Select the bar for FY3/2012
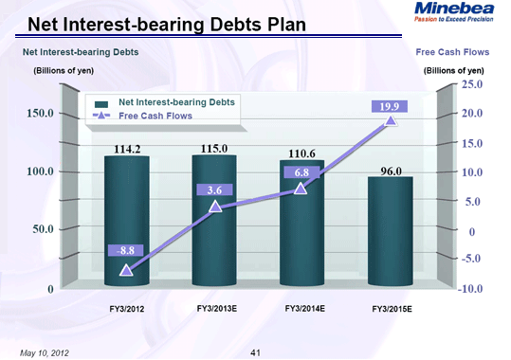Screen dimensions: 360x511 (x=126, y=223)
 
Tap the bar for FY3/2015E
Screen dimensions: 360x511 (x=390, y=232)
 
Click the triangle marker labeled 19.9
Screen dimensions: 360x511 (x=390, y=120)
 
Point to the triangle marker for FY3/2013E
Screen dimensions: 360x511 (x=215, y=206)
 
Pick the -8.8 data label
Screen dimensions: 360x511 (x=126, y=250)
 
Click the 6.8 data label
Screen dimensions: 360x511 (x=302, y=171)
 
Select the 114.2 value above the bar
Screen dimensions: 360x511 (x=126, y=148)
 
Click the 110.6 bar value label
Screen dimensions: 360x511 (x=302, y=152)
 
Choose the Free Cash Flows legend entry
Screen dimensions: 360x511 (x=155, y=116)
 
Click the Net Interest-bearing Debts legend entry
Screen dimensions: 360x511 (x=175, y=100)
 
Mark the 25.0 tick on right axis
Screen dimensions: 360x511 (x=472, y=85)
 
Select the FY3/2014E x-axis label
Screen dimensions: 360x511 (x=304, y=309)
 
